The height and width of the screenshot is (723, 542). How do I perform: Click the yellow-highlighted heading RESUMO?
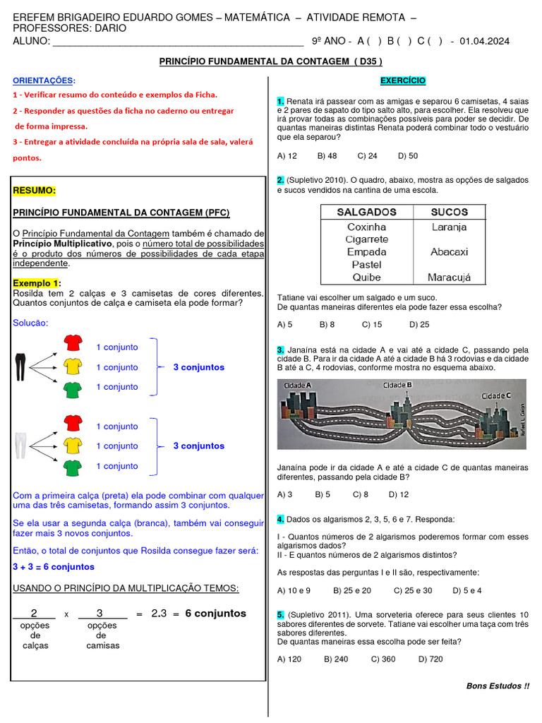[35, 191]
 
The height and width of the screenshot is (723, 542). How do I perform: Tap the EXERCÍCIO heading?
[403, 81]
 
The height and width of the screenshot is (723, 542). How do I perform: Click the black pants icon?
[20, 366]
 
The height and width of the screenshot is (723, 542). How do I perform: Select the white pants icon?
[20, 446]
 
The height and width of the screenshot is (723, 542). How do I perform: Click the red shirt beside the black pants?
[73, 343]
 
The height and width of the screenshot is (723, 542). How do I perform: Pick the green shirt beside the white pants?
[73, 467]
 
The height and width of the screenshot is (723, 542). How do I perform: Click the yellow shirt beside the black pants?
[73, 366]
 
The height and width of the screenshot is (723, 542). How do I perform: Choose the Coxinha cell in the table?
[366, 227]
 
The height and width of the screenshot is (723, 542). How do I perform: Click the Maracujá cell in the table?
[449, 277]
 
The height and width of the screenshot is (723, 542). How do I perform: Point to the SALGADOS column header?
[366, 212]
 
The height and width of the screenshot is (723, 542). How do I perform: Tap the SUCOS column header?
[449, 212]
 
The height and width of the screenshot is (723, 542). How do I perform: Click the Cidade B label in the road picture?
[397, 386]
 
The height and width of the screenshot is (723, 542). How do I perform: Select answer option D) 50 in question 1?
[408, 156]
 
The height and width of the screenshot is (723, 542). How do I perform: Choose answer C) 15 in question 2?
[371, 325]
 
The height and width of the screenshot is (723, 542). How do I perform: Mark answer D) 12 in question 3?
[399, 494]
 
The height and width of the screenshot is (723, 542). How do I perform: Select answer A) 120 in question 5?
[289, 659]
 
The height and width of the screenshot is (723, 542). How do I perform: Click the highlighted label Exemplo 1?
[37, 282]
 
